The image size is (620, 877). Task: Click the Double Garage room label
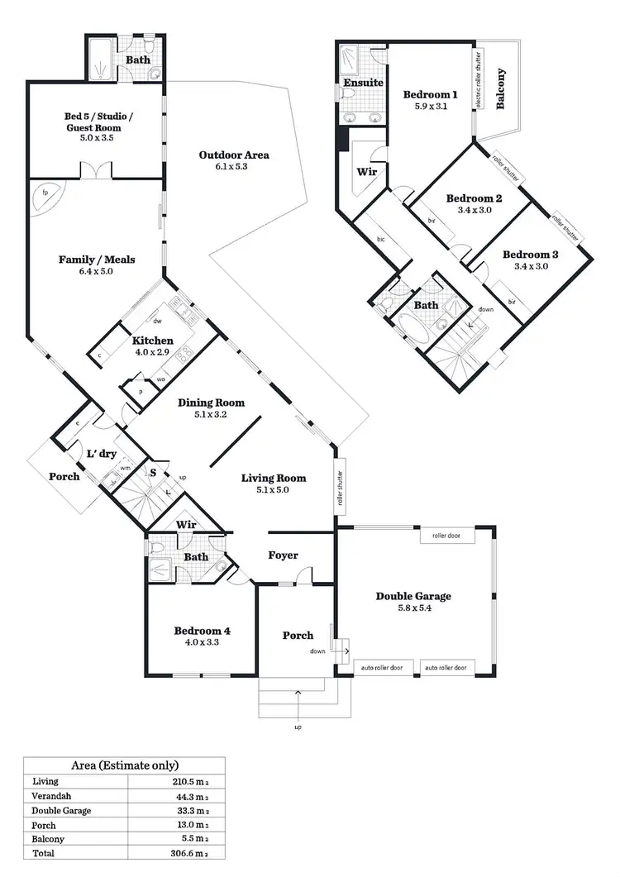[x=413, y=596]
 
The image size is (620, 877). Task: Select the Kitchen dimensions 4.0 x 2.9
[x=152, y=352]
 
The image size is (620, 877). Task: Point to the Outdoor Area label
[x=234, y=155]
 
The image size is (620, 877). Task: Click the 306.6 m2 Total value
[x=191, y=854]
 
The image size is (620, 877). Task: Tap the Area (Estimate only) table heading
[x=124, y=765]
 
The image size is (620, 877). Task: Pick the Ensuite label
[x=363, y=83]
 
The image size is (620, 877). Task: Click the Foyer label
[x=283, y=555]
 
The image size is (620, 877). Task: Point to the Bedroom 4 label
[x=202, y=631]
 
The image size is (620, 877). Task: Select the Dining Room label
[x=212, y=403]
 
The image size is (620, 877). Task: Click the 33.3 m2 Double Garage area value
[x=191, y=810]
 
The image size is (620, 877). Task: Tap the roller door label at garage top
[x=447, y=536]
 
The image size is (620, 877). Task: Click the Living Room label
[x=274, y=478]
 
